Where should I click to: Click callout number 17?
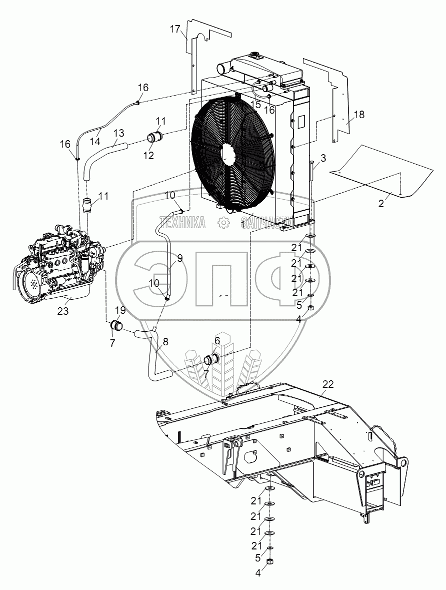pos(174,29)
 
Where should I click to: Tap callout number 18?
pos(359,115)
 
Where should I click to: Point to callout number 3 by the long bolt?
pos(323,159)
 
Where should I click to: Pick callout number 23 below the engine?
pos(63,311)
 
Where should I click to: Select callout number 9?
pos(179,258)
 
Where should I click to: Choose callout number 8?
pos(165,342)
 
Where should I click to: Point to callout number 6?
pos(217,340)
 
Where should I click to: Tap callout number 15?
pos(256,104)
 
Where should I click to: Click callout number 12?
pos(148,155)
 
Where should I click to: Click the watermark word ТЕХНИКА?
pos(182,222)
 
